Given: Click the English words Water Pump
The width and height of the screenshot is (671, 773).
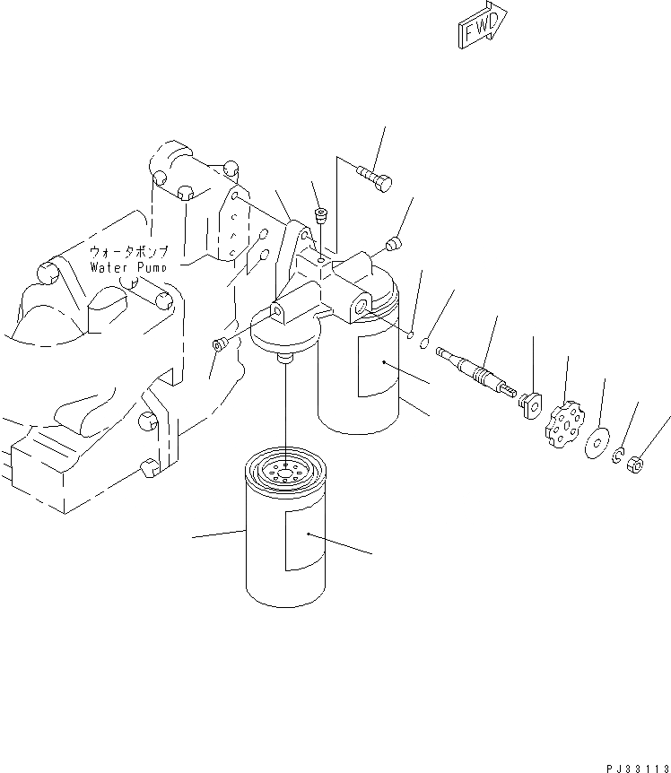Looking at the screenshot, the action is (127, 268).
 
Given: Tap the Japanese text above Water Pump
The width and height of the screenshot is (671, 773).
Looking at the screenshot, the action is (128, 252).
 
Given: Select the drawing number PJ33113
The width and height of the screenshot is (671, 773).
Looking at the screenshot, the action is (639, 769).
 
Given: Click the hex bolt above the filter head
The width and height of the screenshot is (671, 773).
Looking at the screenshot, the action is (374, 178).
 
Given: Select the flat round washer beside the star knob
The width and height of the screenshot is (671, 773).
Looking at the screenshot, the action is (597, 443).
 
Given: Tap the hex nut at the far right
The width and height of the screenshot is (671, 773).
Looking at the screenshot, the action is (635, 465).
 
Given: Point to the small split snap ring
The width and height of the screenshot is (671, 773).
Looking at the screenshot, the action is (618, 455).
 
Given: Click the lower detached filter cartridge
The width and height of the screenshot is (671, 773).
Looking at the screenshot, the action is (285, 526).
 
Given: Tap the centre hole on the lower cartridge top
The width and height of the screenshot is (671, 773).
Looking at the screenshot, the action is (285, 475).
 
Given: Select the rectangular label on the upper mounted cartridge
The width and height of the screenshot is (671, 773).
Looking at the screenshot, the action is (378, 365).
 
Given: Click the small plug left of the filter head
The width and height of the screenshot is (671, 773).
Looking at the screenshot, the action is (217, 343).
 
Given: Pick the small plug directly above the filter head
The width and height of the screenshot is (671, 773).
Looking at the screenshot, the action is (321, 215).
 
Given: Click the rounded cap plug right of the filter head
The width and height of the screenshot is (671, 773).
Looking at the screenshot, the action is (393, 244).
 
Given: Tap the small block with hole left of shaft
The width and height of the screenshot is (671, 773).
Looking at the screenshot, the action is (529, 405).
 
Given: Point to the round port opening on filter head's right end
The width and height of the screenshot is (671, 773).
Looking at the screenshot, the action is (362, 307).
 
